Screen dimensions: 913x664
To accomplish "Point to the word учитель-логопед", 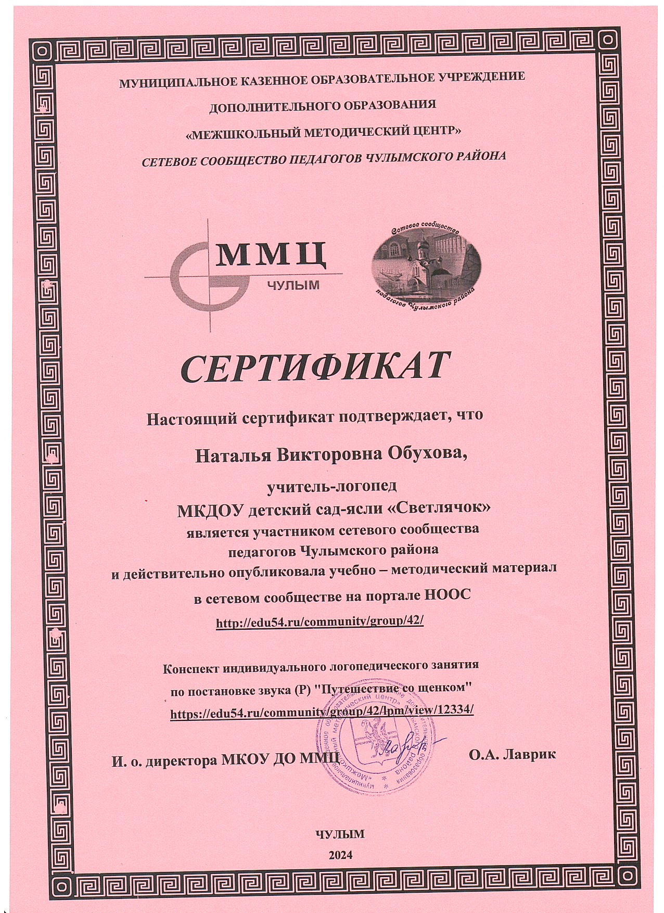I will tap(331, 487).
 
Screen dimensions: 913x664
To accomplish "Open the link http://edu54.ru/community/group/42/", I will tap(320, 622).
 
